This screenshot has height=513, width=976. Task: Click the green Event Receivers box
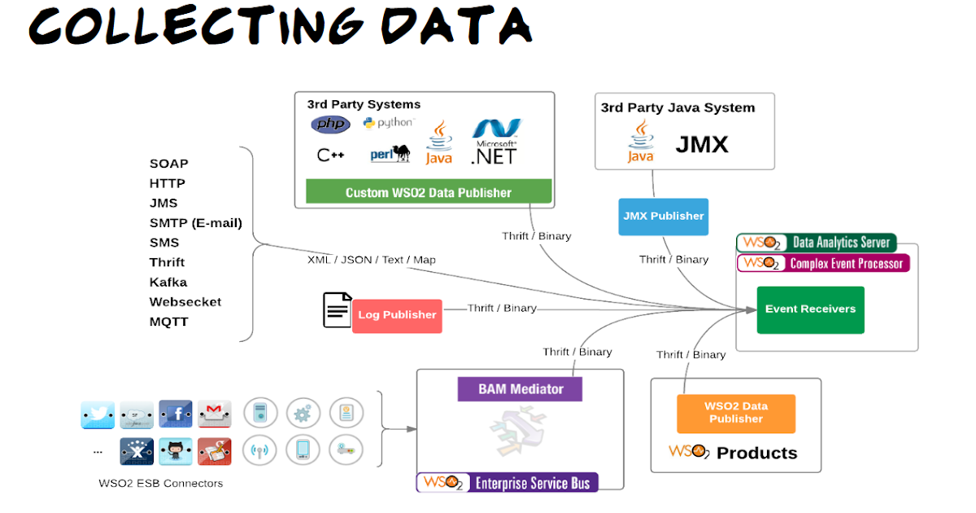pos(810,309)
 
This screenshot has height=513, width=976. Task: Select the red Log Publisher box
pos(397,315)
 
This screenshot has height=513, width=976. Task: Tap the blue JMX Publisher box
pos(663,217)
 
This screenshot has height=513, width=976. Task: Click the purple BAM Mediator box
pos(520,389)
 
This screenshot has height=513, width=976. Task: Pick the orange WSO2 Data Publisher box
pos(735,413)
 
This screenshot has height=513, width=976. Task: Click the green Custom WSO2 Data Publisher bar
pos(429,192)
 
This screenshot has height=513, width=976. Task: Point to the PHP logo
pos(330,125)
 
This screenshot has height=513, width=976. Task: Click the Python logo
pos(388,123)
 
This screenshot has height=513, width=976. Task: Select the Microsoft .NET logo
pos(495,142)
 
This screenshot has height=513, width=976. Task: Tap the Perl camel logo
pos(390,154)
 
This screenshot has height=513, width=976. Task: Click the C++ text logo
pos(330,155)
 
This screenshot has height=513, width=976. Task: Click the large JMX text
pos(702,145)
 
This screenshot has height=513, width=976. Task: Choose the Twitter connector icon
pos(98,414)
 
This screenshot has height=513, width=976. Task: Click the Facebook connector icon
pos(176,414)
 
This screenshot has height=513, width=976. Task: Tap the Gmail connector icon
pos(215,414)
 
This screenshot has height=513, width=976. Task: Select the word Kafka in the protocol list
pos(168,282)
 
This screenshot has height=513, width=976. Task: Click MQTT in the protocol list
pos(168,322)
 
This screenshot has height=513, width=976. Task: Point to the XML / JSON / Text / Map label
pos(371,260)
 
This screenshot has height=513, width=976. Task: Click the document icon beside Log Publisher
pos(337,310)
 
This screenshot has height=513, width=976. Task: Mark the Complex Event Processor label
pos(823,263)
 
